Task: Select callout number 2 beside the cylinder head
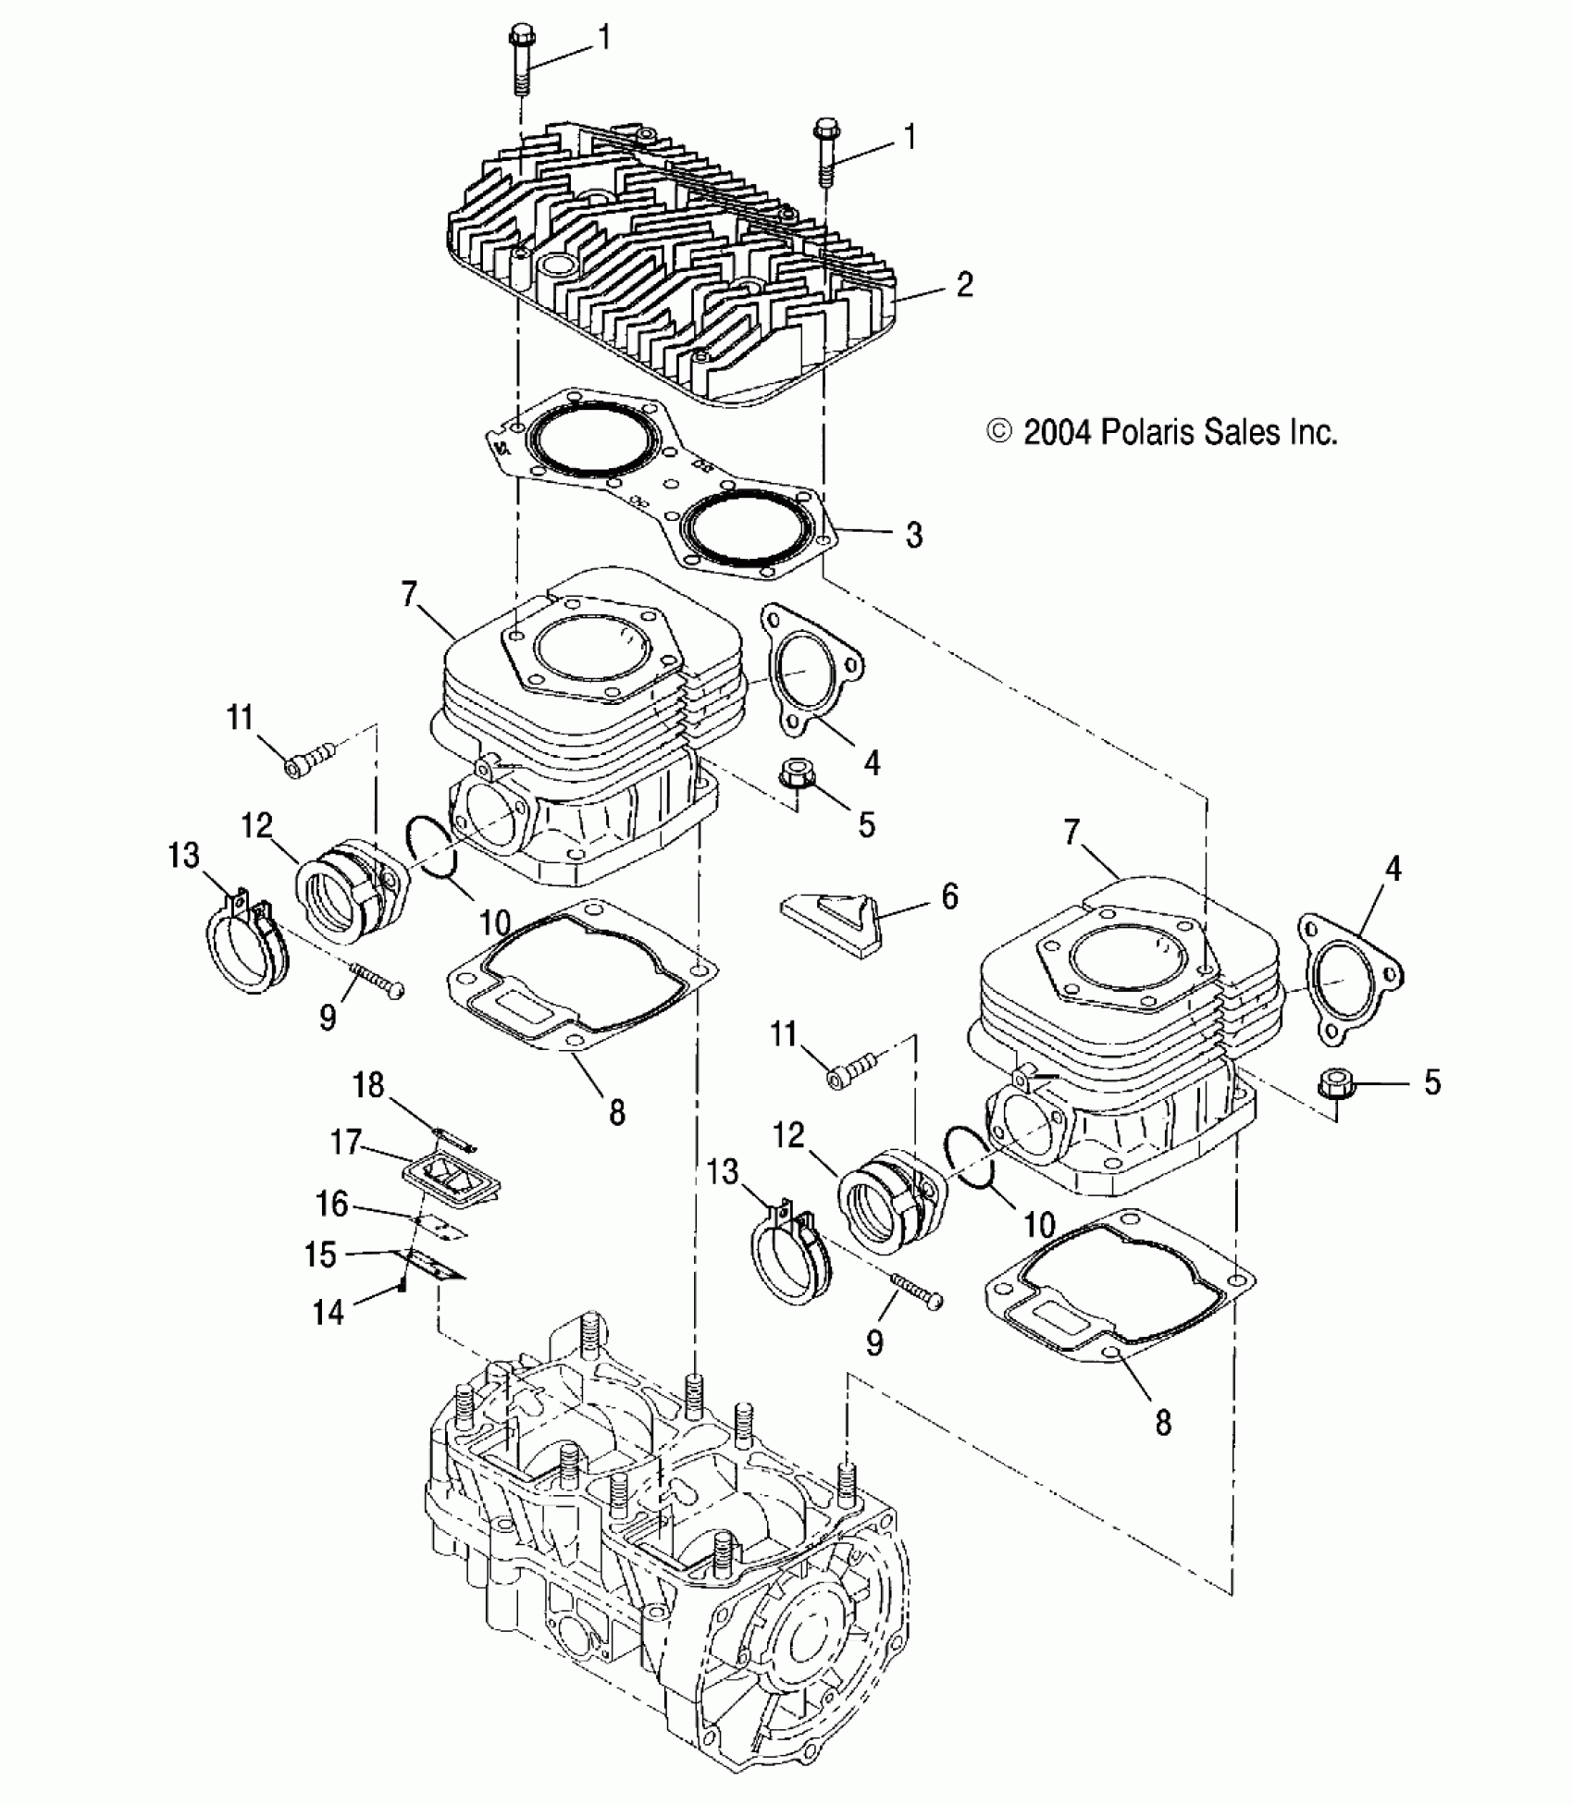coord(964,284)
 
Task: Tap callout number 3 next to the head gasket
coord(913,535)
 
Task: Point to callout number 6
coord(949,896)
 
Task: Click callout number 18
coord(369,1084)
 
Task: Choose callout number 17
coord(345,1143)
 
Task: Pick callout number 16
coord(332,1204)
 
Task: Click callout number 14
coord(328,1311)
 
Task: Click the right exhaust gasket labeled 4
coord(1351,979)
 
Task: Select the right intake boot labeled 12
coord(891,1201)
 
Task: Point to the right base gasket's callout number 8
coord(1163,1422)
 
